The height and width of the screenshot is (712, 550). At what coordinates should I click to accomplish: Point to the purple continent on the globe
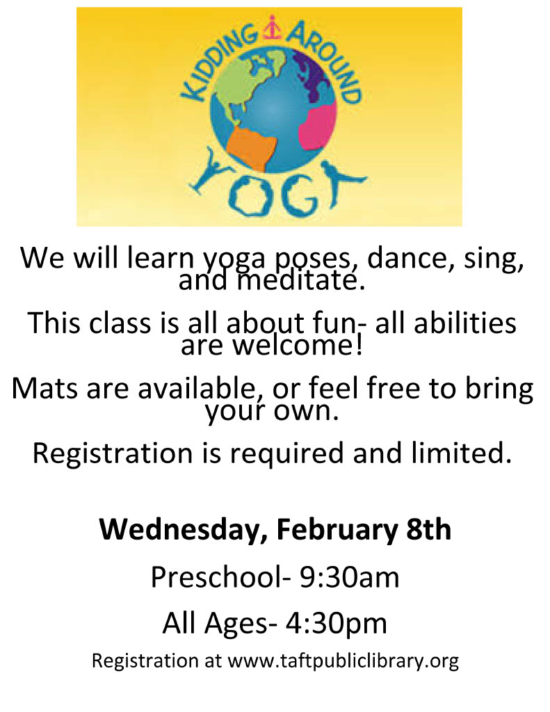(x=314, y=75)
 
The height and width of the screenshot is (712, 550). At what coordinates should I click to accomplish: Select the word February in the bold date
(x=337, y=530)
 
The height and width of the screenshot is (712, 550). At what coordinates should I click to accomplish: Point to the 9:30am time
(x=349, y=577)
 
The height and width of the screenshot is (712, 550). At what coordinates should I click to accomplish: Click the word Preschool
(x=217, y=577)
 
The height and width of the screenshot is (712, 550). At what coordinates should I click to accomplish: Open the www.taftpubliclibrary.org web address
(x=343, y=661)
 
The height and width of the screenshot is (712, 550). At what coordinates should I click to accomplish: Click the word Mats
(x=45, y=389)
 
